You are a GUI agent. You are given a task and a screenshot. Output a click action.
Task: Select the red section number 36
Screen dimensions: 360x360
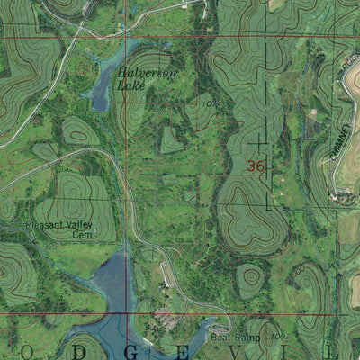click(x=256, y=166)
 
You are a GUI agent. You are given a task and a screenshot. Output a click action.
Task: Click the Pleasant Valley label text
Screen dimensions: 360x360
click(x=34, y=226)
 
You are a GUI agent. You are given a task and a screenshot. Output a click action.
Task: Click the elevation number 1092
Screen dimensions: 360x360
click(x=275, y=335)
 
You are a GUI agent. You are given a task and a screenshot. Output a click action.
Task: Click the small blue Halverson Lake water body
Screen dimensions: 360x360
click(x=103, y=85)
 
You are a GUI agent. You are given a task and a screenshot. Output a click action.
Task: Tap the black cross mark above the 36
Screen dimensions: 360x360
click(x=259, y=141)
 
